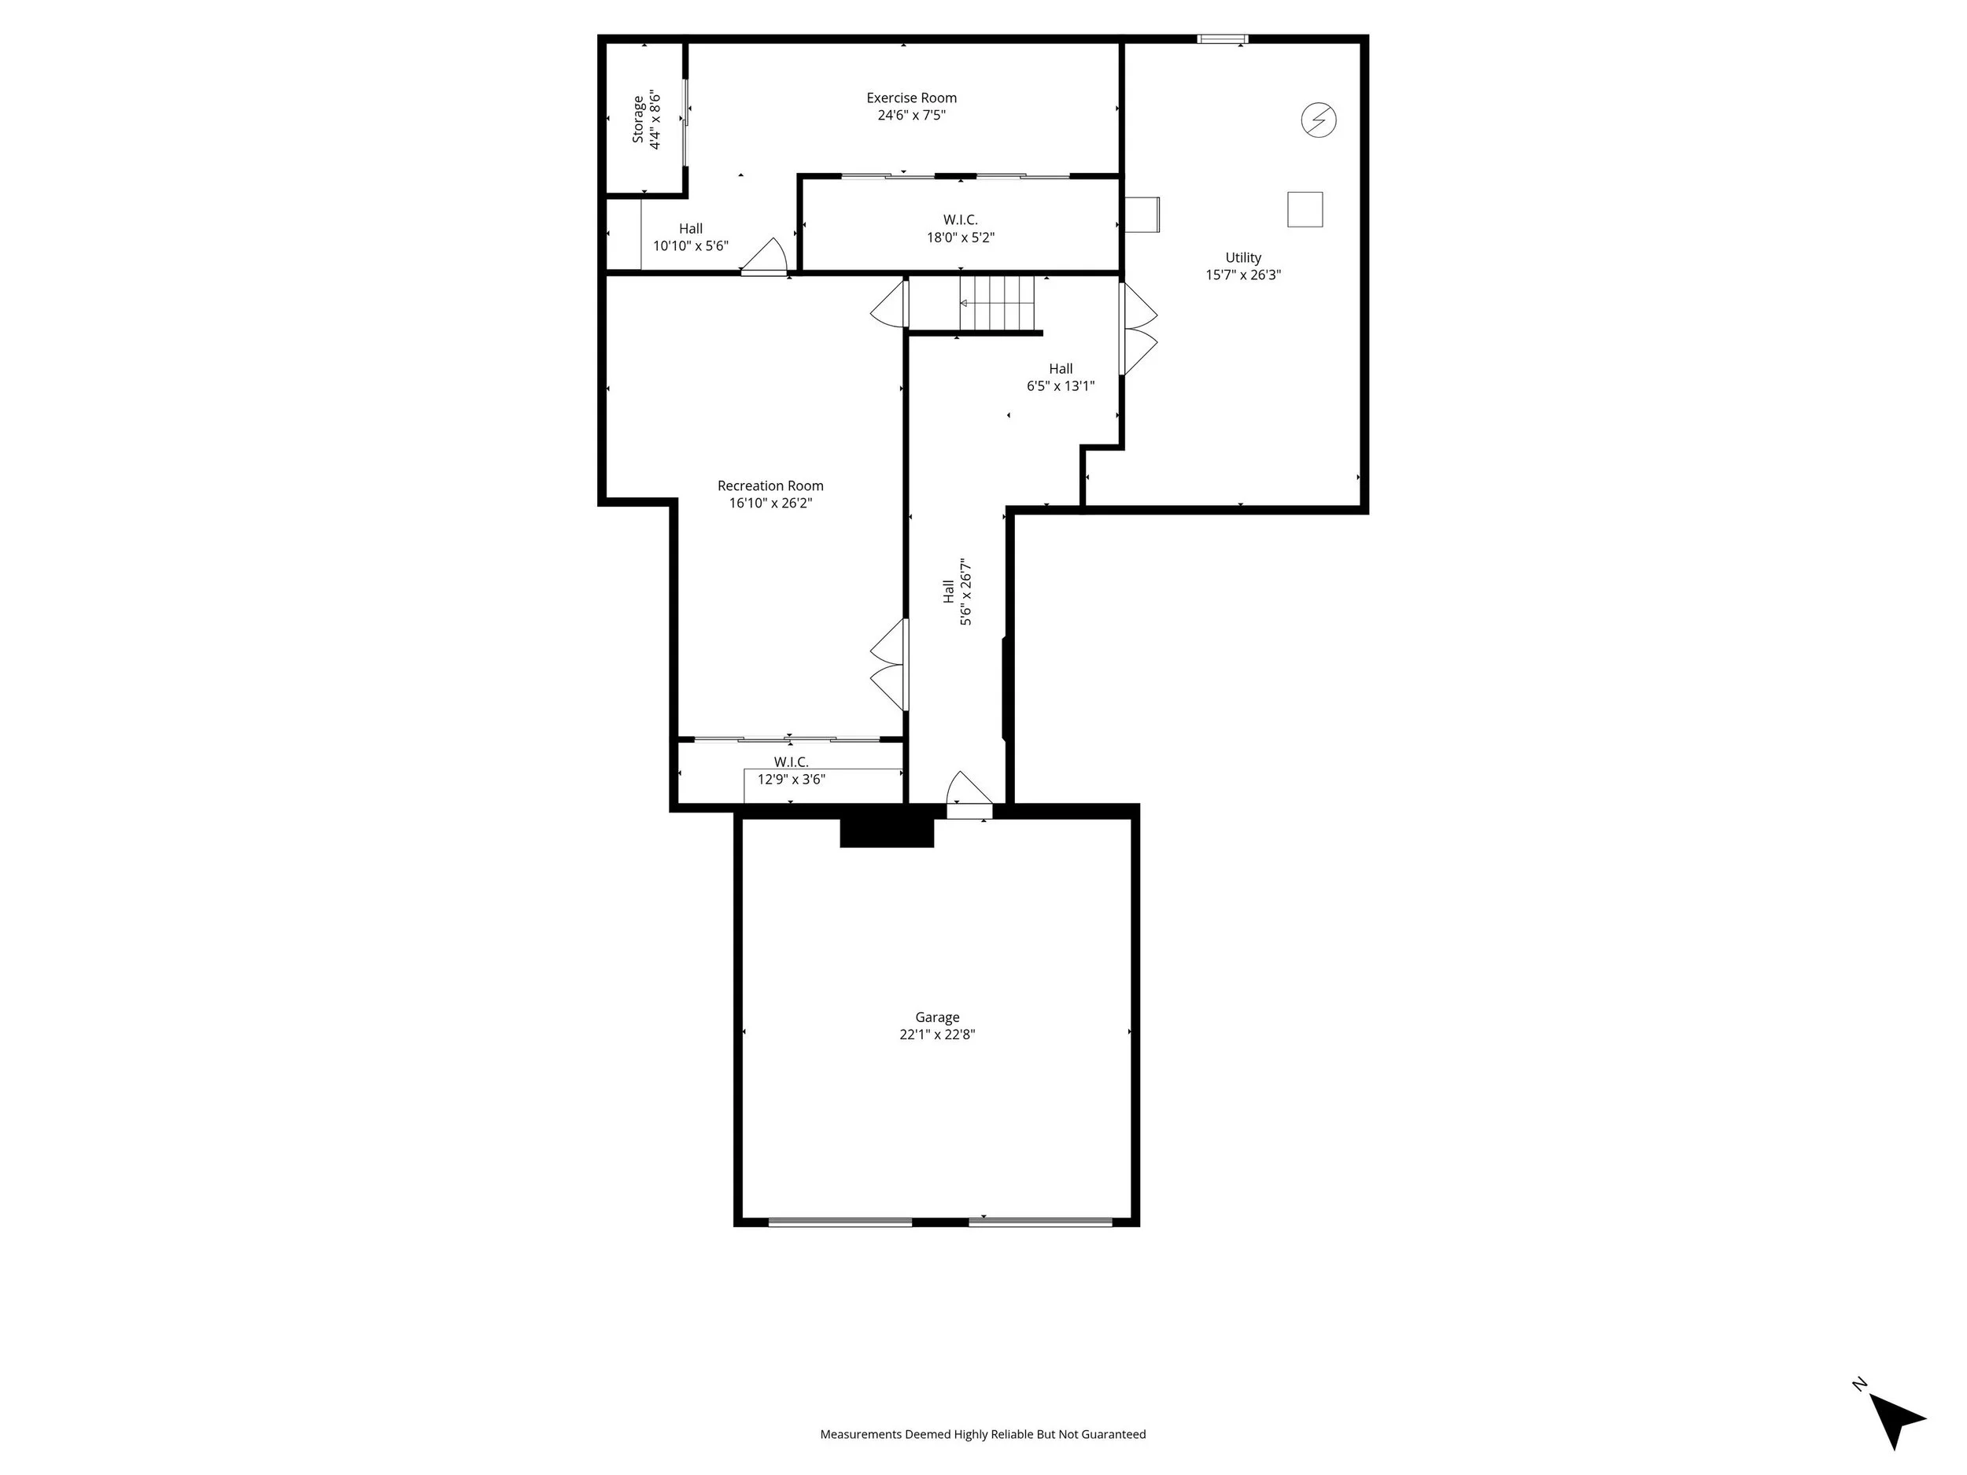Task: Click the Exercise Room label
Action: click(911, 98)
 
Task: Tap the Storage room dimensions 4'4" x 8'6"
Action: click(655, 119)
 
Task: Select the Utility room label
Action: click(1243, 258)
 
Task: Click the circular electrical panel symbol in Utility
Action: click(1319, 119)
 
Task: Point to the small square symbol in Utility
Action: click(1305, 209)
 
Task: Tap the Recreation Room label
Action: click(770, 485)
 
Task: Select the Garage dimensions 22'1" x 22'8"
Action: click(937, 1034)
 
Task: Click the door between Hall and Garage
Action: click(969, 794)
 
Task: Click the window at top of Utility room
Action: click(1223, 39)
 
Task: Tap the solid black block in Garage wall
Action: click(887, 826)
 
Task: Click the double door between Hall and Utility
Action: click(1139, 329)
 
